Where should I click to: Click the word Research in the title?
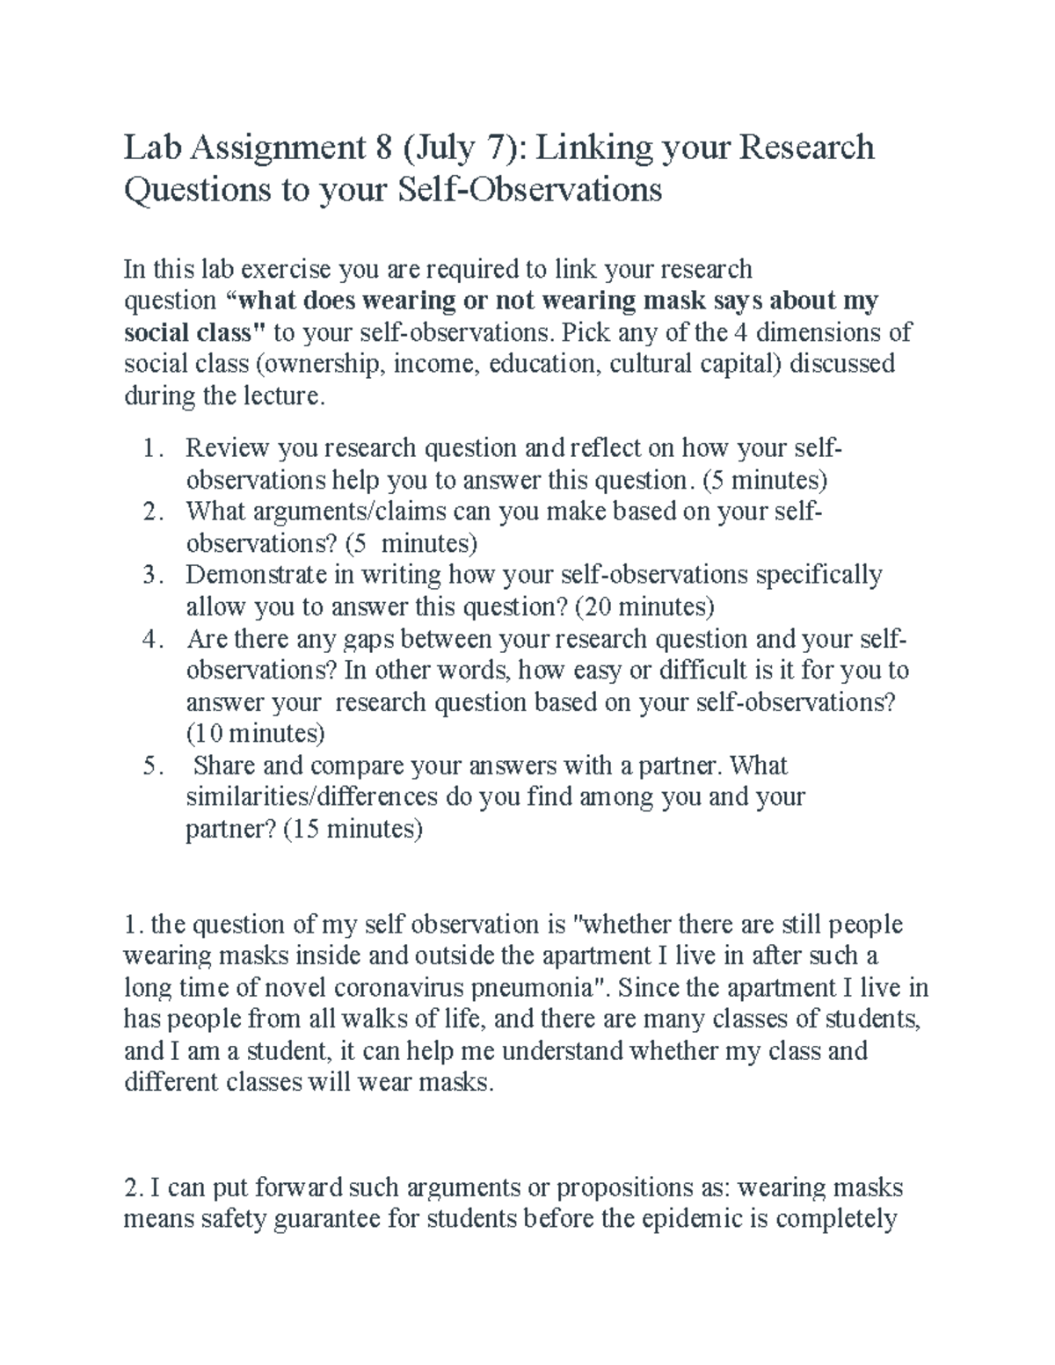click(807, 148)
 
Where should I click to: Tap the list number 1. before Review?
click(152, 449)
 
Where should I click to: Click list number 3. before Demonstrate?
click(152, 576)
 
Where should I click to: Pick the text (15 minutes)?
click(353, 829)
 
